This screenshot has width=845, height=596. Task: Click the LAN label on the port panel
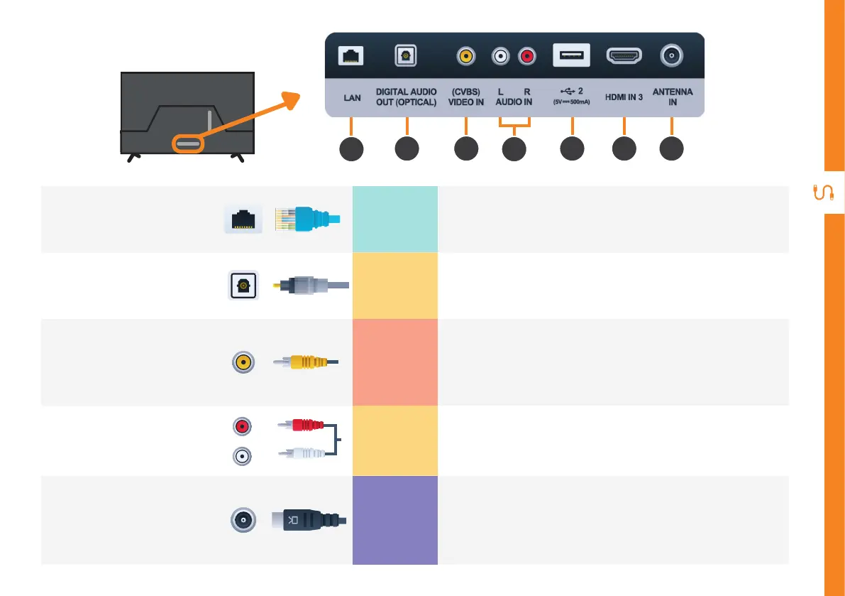click(x=352, y=97)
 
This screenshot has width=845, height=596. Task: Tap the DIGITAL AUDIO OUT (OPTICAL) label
click(x=406, y=97)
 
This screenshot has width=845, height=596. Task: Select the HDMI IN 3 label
click(x=624, y=97)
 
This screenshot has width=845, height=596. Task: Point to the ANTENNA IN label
click(x=672, y=97)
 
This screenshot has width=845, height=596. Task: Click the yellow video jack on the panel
click(x=466, y=55)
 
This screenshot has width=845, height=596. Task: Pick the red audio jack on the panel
click(x=526, y=55)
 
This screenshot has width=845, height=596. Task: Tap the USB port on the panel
click(x=571, y=55)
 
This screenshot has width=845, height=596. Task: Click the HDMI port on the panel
click(x=624, y=55)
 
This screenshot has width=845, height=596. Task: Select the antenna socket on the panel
click(x=671, y=55)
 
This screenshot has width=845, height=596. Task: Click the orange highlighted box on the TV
click(x=187, y=143)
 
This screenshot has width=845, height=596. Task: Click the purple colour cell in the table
click(x=395, y=520)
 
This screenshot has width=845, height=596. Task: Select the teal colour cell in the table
click(x=395, y=219)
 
